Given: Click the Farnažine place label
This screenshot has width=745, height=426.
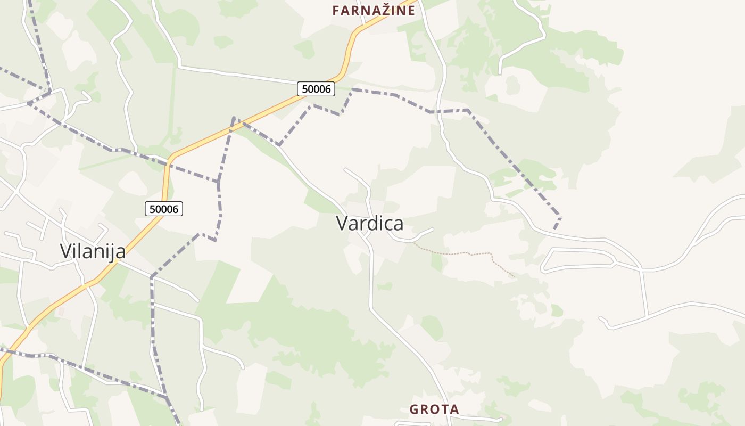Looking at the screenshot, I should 373,10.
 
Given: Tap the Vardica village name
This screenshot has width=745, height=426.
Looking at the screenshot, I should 369,224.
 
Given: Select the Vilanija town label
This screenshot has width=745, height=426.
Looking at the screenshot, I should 93,251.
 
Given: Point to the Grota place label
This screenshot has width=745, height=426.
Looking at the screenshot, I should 434,409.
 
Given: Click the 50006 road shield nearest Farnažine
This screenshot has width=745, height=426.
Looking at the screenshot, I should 316,89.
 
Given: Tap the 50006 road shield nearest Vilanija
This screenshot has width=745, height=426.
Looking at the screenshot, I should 164,209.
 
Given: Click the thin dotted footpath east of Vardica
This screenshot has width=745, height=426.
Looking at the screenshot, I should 468,253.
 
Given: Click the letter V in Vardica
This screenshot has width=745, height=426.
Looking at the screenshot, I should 342,224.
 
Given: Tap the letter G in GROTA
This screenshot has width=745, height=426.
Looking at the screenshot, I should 414,409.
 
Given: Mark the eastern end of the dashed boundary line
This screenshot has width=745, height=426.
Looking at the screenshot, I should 555,228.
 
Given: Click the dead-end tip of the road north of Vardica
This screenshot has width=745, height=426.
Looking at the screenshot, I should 345,170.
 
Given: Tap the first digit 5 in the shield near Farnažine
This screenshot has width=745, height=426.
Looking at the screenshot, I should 304,89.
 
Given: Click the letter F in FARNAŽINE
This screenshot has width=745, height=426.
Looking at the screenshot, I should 336,10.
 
